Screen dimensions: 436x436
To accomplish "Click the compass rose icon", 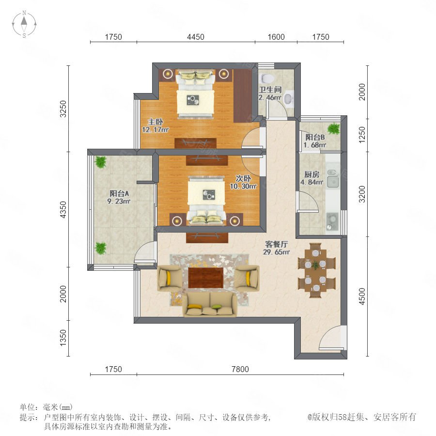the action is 24,24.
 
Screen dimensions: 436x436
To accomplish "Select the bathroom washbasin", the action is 289,99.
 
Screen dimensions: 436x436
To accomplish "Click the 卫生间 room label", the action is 270,90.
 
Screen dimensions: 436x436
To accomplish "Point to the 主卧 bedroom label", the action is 155,122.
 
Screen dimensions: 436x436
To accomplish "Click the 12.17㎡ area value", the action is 155,129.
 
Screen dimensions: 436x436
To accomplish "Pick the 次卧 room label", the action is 243,178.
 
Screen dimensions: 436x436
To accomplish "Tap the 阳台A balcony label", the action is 119,193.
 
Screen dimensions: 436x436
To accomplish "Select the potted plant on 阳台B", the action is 333,129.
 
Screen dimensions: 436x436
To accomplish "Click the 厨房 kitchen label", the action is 311,174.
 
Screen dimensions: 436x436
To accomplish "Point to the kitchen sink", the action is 332,179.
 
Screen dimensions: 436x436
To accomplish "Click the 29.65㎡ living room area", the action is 277,252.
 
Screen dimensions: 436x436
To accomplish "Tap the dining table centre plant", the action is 315,265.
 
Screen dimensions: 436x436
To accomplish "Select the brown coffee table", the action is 206,278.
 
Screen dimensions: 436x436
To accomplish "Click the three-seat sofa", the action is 210,305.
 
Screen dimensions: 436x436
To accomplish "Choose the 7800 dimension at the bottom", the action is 240,369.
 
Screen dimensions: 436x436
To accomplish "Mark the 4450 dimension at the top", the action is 196,37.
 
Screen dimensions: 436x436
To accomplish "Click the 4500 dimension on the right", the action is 362,296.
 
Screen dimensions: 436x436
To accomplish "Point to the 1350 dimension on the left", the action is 63,338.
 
